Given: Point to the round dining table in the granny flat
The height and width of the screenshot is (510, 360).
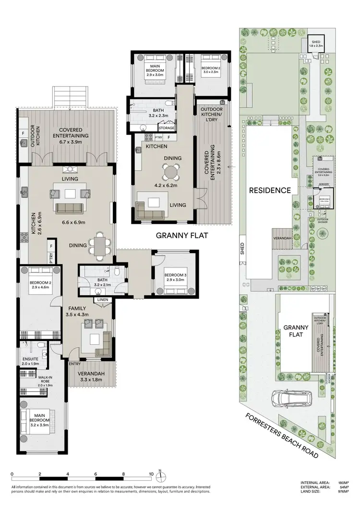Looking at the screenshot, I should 170,171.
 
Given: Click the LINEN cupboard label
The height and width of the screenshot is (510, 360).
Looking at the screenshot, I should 102,300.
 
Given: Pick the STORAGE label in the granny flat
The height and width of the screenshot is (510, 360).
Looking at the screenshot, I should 167,128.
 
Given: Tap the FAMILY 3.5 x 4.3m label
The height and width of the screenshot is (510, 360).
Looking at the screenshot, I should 77,312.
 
